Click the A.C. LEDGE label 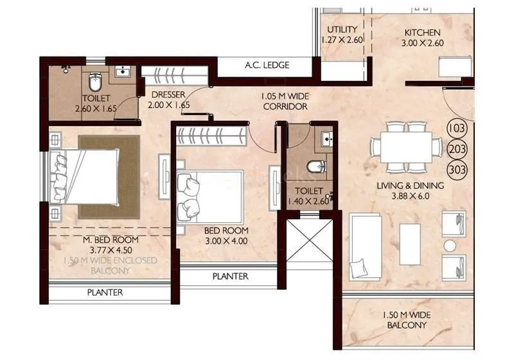tap(267, 65)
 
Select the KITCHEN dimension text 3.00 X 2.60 tap(421, 44)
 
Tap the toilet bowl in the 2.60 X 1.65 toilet tap(94, 82)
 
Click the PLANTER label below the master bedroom tap(105, 292)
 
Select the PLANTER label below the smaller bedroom tap(231, 276)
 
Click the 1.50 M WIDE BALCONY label tap(406, 319)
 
